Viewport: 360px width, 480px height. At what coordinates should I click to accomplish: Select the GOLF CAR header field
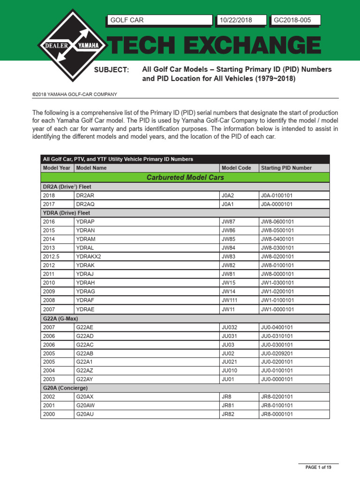(x=159, y=20)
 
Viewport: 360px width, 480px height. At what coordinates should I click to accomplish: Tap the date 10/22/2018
(x=241, y=20)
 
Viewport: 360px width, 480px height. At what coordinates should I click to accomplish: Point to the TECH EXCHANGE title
(x=216, y=46)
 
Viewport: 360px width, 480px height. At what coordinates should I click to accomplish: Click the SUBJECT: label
(x=112, y=70)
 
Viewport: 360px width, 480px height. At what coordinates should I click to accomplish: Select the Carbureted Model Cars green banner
(x=185, y=178)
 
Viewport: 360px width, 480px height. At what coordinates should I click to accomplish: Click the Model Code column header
(x=236, y=168)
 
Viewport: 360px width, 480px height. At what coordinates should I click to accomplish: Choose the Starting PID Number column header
(x=286, y=168)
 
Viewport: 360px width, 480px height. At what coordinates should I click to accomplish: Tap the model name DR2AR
(x=85, y=195)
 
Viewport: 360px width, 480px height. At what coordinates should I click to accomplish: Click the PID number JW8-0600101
(x=277, y=221)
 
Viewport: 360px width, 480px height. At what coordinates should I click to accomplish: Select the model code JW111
(x=230, y=300)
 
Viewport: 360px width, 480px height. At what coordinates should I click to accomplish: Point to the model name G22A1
(x=85, y=361)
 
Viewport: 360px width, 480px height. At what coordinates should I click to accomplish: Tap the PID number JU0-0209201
(x=277, y=353)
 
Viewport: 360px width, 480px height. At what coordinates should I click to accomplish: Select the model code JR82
(x=227, y=414)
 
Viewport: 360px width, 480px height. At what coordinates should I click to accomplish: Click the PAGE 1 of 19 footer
(x=319, y=467)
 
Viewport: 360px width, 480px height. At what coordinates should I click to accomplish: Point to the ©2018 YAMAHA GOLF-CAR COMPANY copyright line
(x=75, y=94)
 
